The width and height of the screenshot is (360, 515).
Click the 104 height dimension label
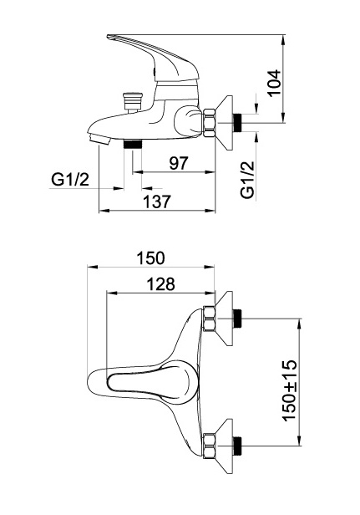275,83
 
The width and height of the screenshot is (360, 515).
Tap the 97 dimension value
179,163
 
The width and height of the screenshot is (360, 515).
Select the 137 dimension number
157,201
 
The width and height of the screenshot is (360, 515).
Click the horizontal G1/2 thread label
70,179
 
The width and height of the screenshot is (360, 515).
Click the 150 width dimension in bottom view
150,258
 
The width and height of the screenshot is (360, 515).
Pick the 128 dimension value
160,284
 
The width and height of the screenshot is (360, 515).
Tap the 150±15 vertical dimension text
290,390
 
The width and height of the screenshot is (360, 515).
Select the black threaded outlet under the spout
133,144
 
